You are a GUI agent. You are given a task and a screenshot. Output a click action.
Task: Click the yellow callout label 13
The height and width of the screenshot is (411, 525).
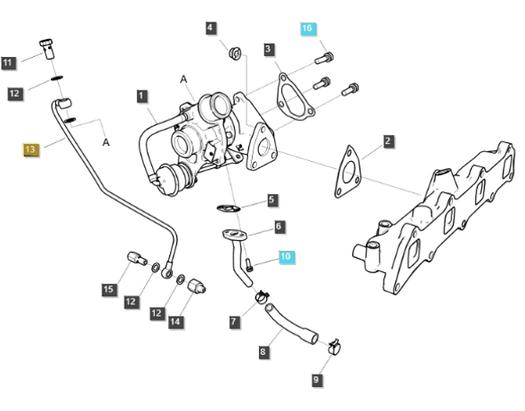pos(30,149)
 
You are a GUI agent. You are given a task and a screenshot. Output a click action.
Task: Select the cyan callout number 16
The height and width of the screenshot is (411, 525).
pos(307,28)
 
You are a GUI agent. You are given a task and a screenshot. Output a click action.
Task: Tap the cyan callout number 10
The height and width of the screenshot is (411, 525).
pos(286,257)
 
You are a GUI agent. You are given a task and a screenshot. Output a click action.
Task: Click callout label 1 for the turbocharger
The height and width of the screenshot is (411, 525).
pos(141,96)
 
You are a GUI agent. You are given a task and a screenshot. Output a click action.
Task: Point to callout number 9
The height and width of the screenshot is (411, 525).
pos(316,380)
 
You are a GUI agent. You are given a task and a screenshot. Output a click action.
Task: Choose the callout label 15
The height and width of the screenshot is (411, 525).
pos(109,289)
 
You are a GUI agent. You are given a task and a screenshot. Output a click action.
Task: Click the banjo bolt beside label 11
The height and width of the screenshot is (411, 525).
pos(47,49)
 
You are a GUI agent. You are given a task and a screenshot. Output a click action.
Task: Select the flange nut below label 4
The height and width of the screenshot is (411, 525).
pos(236,53)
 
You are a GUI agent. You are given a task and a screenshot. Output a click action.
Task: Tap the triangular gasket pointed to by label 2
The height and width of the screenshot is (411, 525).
pos(348,172)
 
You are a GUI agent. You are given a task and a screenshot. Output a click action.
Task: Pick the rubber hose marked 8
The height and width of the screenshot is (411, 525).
pos(291,323)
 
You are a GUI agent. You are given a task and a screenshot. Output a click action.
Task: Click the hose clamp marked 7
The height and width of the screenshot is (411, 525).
pos(262,297)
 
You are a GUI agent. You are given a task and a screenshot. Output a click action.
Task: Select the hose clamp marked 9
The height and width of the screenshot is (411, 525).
pos(335,348)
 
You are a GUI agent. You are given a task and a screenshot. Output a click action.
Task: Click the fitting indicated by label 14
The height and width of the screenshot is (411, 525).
pos(197,286)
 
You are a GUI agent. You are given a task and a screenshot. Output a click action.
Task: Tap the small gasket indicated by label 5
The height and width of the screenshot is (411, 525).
pos(229,208)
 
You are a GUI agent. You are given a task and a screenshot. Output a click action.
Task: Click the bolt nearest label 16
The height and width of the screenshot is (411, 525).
pos(325,58)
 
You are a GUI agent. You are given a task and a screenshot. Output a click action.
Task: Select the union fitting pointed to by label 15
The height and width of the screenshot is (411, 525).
pos(137,259)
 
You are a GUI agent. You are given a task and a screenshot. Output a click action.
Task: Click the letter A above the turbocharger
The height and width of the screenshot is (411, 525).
pos(183,80)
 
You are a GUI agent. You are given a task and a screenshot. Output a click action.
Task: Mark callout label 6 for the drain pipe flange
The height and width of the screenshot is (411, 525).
pos(279,227)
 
